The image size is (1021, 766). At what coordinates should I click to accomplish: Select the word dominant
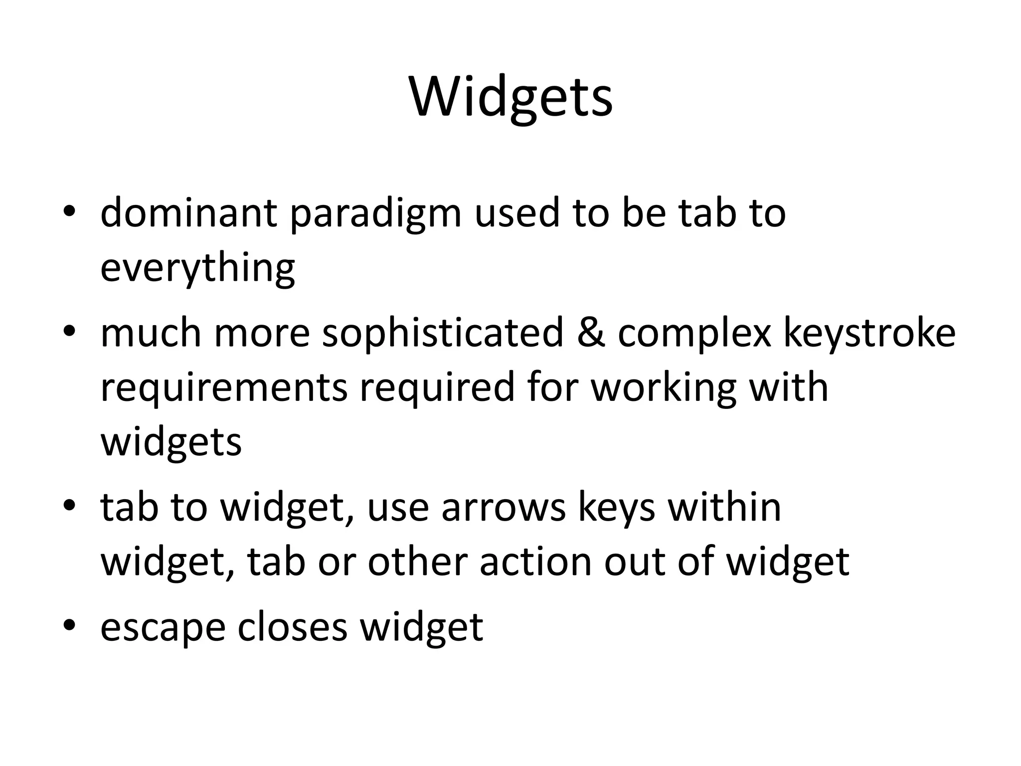(188, 213)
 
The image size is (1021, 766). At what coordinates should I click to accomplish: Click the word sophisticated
(443, 333)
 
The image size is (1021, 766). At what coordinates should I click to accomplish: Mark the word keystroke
(869, 333)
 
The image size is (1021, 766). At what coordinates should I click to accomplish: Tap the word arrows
(504, 508)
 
